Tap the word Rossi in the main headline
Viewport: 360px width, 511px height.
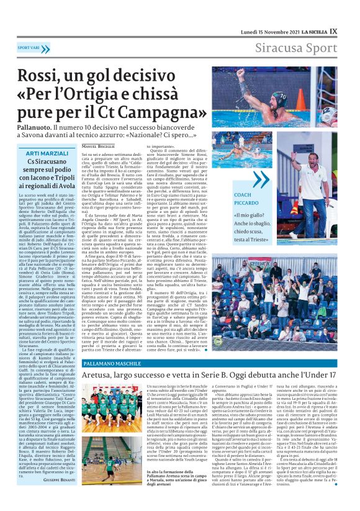(x=42, y=78)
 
